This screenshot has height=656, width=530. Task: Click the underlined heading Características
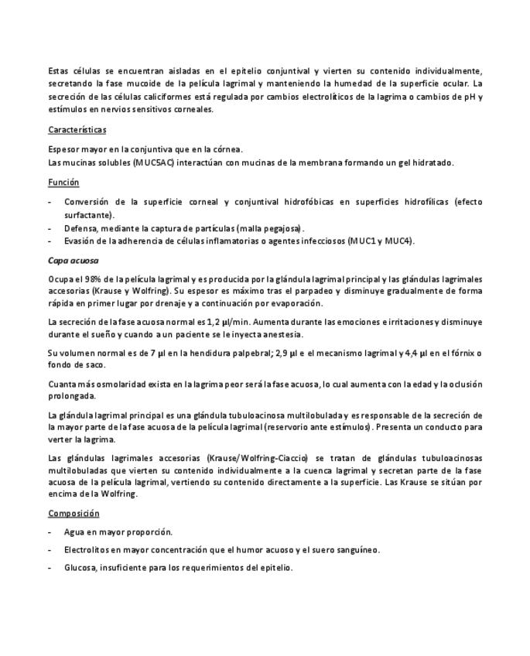[x=77, y=130]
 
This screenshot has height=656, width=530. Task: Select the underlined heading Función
[x=63, y=183]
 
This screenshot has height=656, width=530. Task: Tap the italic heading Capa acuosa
[x=73, y=261]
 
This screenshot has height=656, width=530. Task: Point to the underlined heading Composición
[x=74, y=513]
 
